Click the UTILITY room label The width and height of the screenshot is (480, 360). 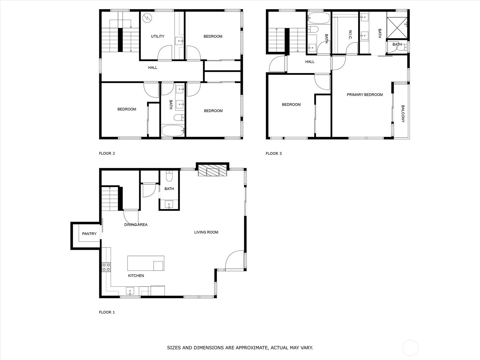pyautogui.click(x=157, y=36)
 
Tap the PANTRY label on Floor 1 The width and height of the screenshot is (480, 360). pyautogui.click(x=89, y=234)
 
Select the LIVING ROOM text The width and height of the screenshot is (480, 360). pyautogui.click(x=206, y=232)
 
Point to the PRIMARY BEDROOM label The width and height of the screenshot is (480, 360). pyautogui.click(x=364, y=94)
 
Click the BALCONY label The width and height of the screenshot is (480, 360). pyautogui.click(x=403, y=114)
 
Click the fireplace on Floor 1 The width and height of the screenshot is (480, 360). pyautogui.click(x=212, y=172)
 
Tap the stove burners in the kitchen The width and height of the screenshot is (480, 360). pyautogui.click(x=106, y=267)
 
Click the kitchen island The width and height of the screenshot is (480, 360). pyautogui.click(x=145, y=263)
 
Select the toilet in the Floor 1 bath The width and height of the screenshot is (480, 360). pyautogui.click(x=169, y=176)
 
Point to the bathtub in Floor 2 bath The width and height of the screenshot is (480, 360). pyautogui.click(x=173, y=131)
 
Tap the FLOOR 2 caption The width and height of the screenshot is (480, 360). pyautogui.click(x=107, y=153)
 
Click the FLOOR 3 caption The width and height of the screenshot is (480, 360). pyautogui.click(x=274, y=153)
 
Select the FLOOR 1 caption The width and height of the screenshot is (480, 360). pyautogui.click(x=107, y=312)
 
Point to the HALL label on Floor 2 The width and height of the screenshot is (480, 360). pyautogui.click(x=152, y=67)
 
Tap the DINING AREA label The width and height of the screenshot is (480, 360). pyautogui.click(x=136, y=224)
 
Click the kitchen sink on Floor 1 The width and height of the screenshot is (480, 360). pyautogui.click(x=130, y=291)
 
